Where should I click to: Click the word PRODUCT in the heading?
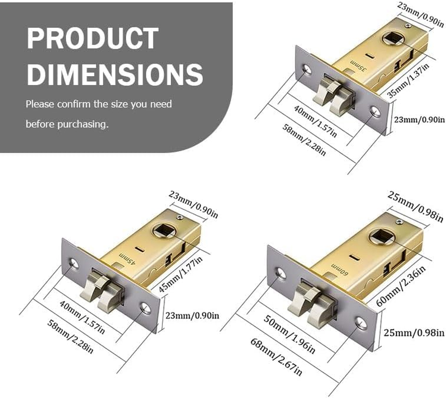(93, 38)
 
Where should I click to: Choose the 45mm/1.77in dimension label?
(180, 275)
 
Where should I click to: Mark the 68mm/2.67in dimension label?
(277, 357)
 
